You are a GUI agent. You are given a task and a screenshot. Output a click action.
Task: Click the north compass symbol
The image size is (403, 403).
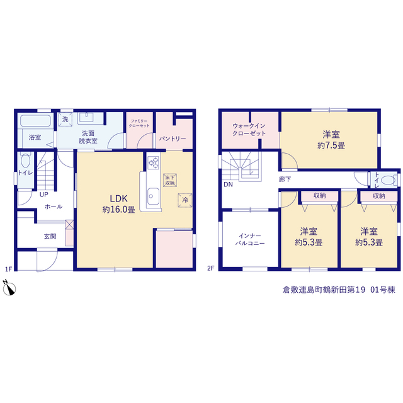click(x=9, y=288)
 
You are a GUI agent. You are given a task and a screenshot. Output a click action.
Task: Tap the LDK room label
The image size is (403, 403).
click(x=119, y=198)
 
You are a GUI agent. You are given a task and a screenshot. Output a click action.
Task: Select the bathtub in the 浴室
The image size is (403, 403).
click(x=35, y=120)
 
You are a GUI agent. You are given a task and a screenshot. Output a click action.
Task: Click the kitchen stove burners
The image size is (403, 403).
click(x=154, y=162)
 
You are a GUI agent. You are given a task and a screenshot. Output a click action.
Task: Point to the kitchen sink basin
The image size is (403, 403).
click(x=153, y=196)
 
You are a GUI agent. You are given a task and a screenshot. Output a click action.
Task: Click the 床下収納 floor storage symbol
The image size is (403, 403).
click(x=170, y=180)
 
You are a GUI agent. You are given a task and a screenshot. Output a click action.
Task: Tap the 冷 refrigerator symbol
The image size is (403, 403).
click(x=184, y=200)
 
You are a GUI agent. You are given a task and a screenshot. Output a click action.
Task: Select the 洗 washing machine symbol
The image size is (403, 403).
click(x=65, y=120)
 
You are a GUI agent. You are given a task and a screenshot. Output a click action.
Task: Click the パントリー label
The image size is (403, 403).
click(x=172, y=139)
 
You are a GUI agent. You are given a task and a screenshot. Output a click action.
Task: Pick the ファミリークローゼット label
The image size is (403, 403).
click(x=139, y=123)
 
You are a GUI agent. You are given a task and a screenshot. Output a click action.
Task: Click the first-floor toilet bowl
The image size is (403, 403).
click(x=25, y=161)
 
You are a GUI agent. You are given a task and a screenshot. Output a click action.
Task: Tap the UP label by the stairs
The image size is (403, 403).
click(x=44, y=195)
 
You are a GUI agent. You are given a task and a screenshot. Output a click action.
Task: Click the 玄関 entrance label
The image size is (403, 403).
click(x=50, y=236)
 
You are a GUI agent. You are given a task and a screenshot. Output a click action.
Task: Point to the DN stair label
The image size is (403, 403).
click(x=228, y=184)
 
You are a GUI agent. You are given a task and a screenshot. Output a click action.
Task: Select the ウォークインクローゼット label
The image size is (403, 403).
click(x=249, y=130)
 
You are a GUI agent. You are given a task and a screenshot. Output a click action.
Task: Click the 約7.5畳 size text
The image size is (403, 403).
click(x=331, y=145)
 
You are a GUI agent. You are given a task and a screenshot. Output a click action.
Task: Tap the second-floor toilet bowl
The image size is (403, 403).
click(x=388, y=180)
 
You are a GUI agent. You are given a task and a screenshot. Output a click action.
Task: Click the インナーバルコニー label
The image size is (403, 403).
click(x=250, y=239)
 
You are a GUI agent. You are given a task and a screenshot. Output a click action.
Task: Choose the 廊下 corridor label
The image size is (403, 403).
click(x=285, y=179)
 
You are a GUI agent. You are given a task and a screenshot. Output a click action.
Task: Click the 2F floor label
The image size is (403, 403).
click(x=211, y=268)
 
